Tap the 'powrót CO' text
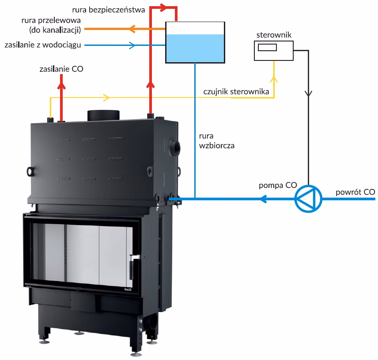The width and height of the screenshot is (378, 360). (x=355, y=192)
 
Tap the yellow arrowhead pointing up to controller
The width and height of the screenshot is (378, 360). (x=274, y=79)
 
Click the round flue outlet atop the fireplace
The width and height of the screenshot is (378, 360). (x=103, y=115)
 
